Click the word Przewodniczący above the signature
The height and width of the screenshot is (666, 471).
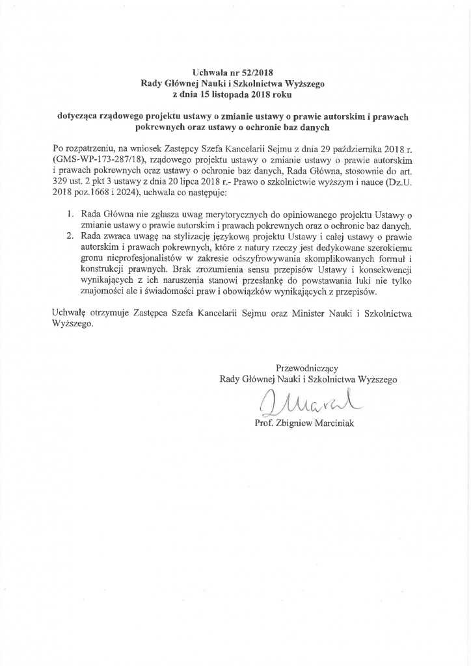tap(307, 367)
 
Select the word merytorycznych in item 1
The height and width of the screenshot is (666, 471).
tap(218, 213)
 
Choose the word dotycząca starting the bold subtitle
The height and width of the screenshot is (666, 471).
tap(81, 118)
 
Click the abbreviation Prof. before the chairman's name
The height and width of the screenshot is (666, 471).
tap(271, 423)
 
